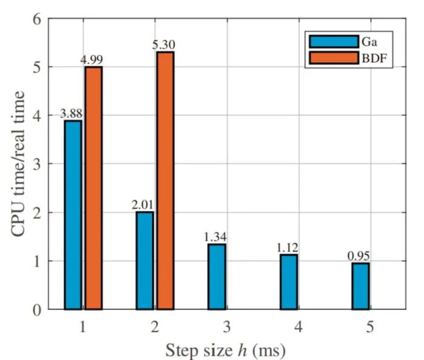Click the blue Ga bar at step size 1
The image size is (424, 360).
73,215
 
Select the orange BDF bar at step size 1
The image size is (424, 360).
93,188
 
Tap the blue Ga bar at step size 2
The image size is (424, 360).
145,261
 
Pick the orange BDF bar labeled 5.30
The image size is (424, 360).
165,181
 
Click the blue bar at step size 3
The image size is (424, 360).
217,277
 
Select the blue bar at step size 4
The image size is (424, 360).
289,282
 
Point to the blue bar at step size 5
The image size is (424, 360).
361,286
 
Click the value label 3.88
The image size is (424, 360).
71,113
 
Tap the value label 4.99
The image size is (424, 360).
91,60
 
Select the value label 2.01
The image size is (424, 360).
142,205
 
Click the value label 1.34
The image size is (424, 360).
214,237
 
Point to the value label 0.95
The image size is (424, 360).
359,256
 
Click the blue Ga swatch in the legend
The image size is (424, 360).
334,42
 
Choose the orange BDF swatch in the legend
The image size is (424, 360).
334,58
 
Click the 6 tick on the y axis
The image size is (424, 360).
37,20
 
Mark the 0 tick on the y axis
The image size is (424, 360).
37,310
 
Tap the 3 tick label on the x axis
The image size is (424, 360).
227,327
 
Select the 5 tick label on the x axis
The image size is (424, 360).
369,327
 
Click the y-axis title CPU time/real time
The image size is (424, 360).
18,164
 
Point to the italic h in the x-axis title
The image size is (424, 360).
242,350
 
